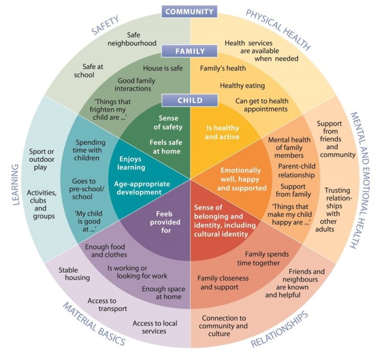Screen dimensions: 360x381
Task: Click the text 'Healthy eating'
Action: coord(239,85)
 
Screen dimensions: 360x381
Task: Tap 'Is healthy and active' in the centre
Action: coord(222,132)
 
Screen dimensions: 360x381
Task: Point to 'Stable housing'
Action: coord(74,274)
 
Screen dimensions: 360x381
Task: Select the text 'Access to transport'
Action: coord(107,305)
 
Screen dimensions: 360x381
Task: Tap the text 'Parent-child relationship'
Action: coord(297,171)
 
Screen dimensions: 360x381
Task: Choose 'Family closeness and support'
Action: coord(218,283)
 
